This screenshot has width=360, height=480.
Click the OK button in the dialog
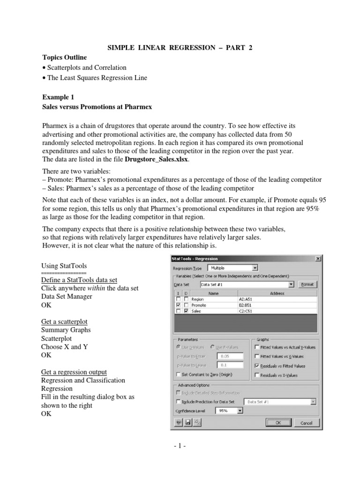coord(278,422)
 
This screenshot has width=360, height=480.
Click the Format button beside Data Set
coord(307,285)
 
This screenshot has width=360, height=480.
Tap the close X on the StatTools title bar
coord(318,258)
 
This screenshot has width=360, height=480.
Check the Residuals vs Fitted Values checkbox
coord(256,366)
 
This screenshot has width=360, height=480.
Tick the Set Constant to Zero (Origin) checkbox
coord(178,374)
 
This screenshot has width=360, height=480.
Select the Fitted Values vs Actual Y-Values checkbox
coord(256,347)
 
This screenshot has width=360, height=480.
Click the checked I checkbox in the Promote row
coord(178,305)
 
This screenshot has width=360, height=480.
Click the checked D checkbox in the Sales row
coord(186,310)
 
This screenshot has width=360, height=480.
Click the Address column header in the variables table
coord(277,293)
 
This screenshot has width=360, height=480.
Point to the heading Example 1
coord(58,97)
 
